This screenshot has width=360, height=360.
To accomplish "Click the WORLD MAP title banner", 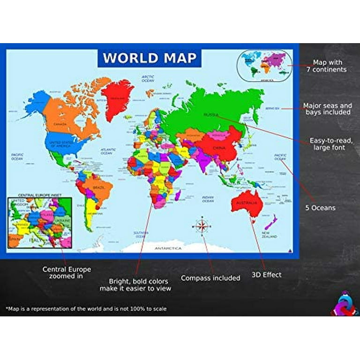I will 149,58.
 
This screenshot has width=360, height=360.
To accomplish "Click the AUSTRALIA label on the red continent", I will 247,203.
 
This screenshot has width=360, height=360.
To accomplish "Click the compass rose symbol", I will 202,226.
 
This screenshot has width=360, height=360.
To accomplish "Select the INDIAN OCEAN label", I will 208,199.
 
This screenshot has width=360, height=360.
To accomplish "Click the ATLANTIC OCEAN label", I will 107,151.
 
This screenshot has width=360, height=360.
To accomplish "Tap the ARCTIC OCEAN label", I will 148,79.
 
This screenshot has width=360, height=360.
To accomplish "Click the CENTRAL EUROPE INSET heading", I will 39,195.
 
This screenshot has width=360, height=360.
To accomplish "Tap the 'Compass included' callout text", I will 210,278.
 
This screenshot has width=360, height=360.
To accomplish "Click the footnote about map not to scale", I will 86,309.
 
